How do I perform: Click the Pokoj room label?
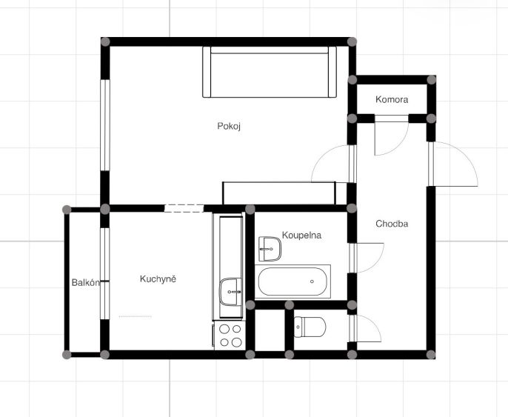coord(229,126)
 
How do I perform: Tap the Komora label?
coord(392,99)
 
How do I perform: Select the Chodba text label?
coord(392,224)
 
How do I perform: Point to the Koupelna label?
coord(301,236)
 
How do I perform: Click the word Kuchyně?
coord(158,279)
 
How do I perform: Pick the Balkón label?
coord(86,282)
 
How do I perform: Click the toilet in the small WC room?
coord(310,327)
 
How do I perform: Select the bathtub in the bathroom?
coord(293,281)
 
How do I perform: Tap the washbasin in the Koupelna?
coord(270,249)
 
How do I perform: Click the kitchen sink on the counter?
coord(231,292)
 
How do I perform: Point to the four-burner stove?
coord(230,336)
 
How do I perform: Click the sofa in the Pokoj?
coord(270,72)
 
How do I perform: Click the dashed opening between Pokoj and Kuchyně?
coord(184,208)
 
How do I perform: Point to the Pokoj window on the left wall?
coord(105,125)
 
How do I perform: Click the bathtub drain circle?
coord(312,281)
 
